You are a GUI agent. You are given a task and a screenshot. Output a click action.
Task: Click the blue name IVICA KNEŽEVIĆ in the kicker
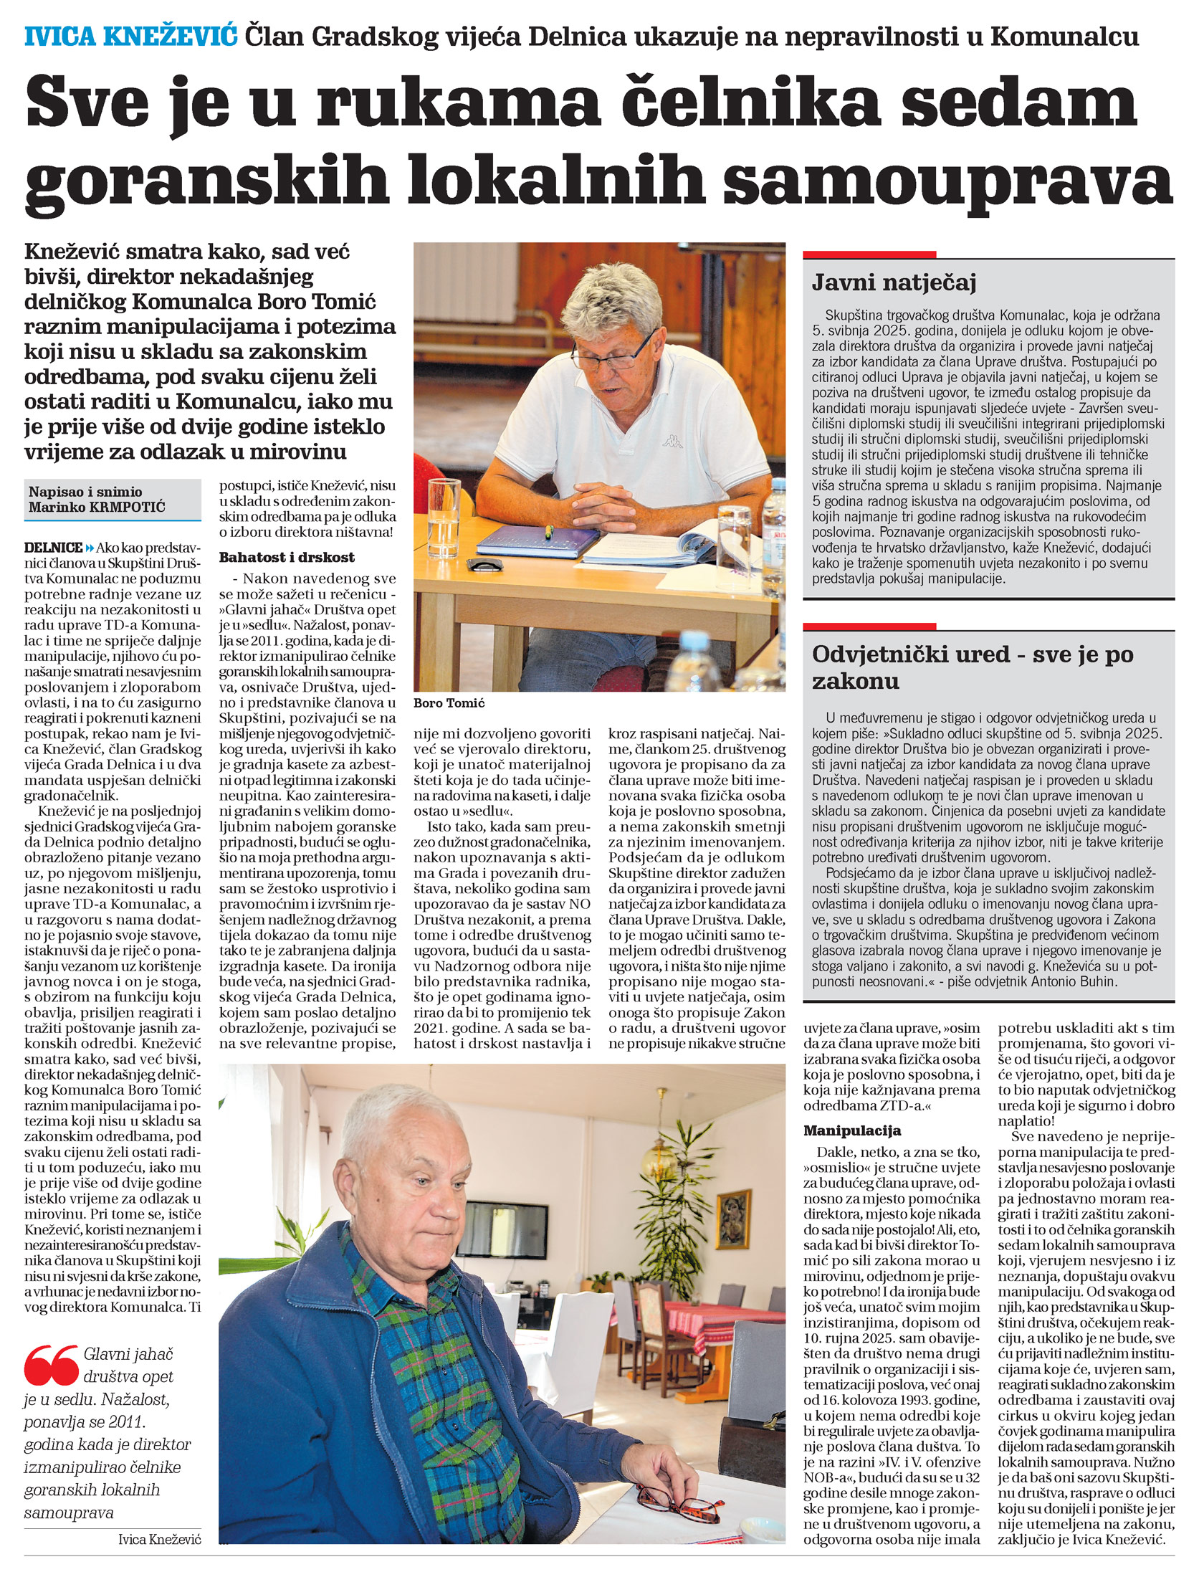(130, 36)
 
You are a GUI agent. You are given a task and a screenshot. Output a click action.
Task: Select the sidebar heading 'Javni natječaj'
(894, 283)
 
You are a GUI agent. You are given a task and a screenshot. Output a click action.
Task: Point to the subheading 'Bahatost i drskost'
(287, 557)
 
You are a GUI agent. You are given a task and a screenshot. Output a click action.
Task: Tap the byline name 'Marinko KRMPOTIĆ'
(97, 508)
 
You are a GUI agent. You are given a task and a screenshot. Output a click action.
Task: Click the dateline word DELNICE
(53, 547)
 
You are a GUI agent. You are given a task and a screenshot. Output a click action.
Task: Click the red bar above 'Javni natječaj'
(869, 254)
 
